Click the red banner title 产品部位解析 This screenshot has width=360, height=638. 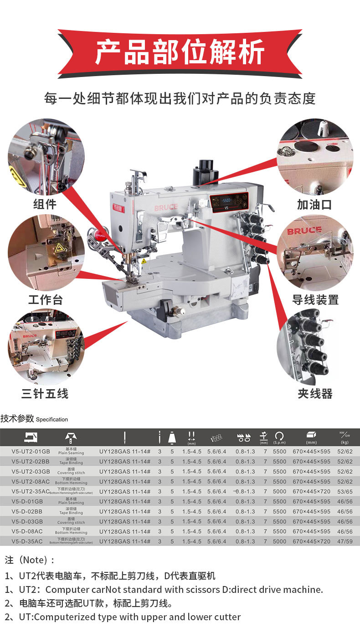180,52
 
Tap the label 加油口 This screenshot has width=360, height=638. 314,205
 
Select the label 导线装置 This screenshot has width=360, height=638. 315,300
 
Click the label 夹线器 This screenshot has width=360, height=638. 315,394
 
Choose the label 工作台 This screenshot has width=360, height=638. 45,300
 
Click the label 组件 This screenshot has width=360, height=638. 45,205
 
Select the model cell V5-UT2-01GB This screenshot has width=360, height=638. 27,452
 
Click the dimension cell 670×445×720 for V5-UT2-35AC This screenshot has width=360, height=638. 312,492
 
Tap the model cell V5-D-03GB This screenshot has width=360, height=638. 27,521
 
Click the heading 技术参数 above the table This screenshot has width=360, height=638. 17,419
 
